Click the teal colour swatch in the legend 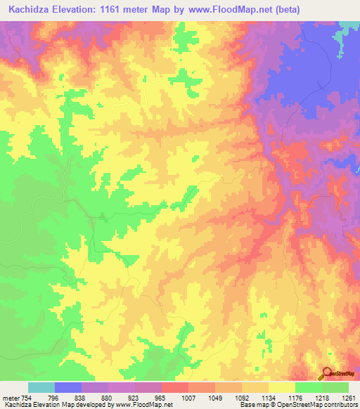pyautogui.click(x=41, y=388)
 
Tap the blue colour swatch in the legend pyautogui.click(x=68, y=388)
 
